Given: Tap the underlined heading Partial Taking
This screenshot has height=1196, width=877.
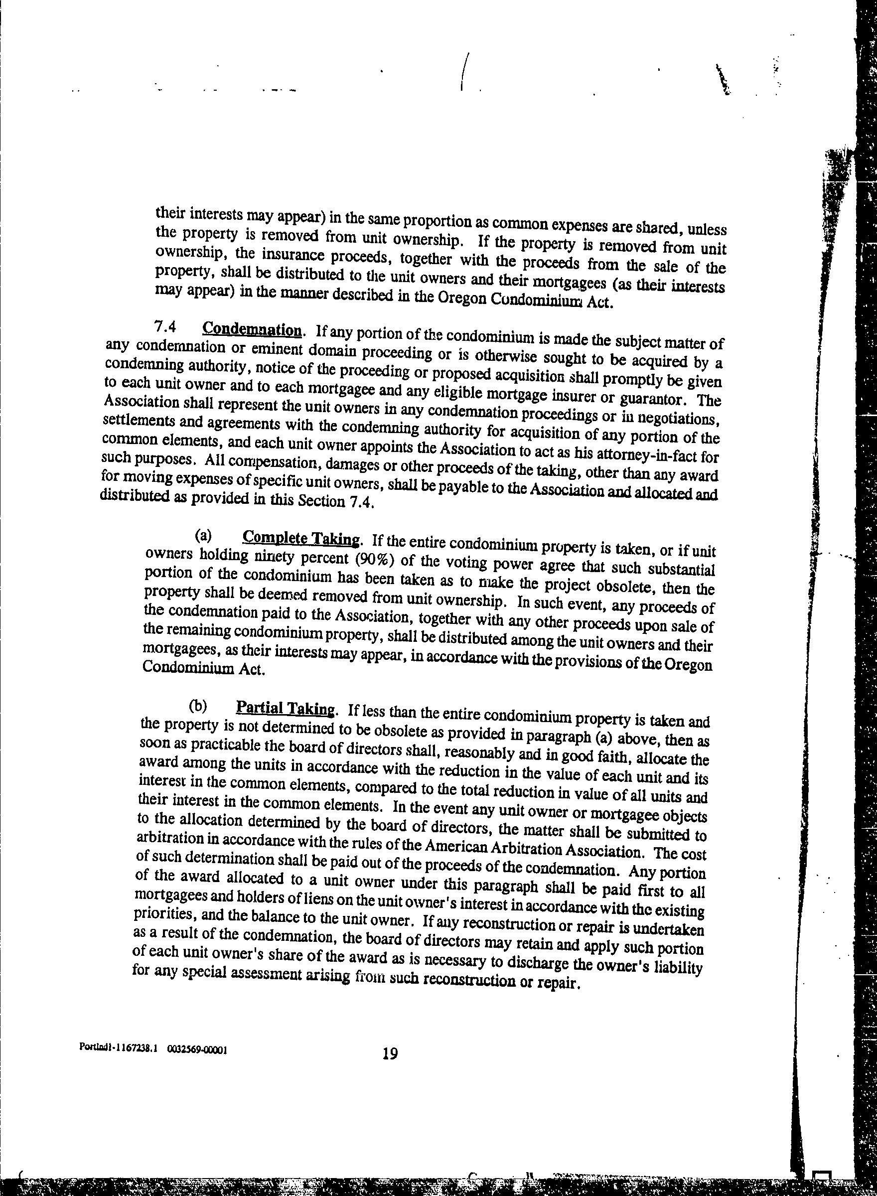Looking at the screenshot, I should pos(286,708).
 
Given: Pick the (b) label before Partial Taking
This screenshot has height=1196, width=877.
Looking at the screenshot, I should pos(197,706).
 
